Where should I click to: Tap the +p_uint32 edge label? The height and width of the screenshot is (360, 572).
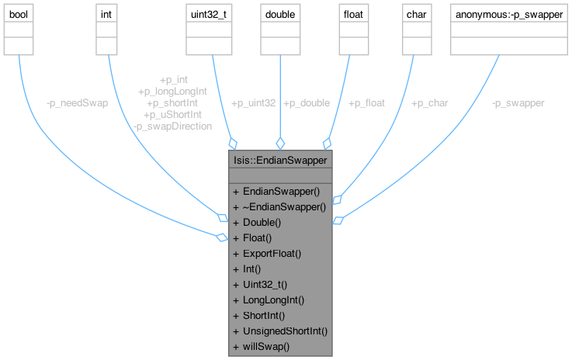[253, 102]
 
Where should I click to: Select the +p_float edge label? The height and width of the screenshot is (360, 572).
[368, 102]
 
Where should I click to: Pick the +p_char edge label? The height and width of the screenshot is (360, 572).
[429, 102]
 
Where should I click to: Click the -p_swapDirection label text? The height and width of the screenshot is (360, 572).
[172, 126]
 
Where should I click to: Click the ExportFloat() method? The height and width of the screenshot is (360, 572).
[272, 252]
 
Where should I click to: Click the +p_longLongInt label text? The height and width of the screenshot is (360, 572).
[173, 91]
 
